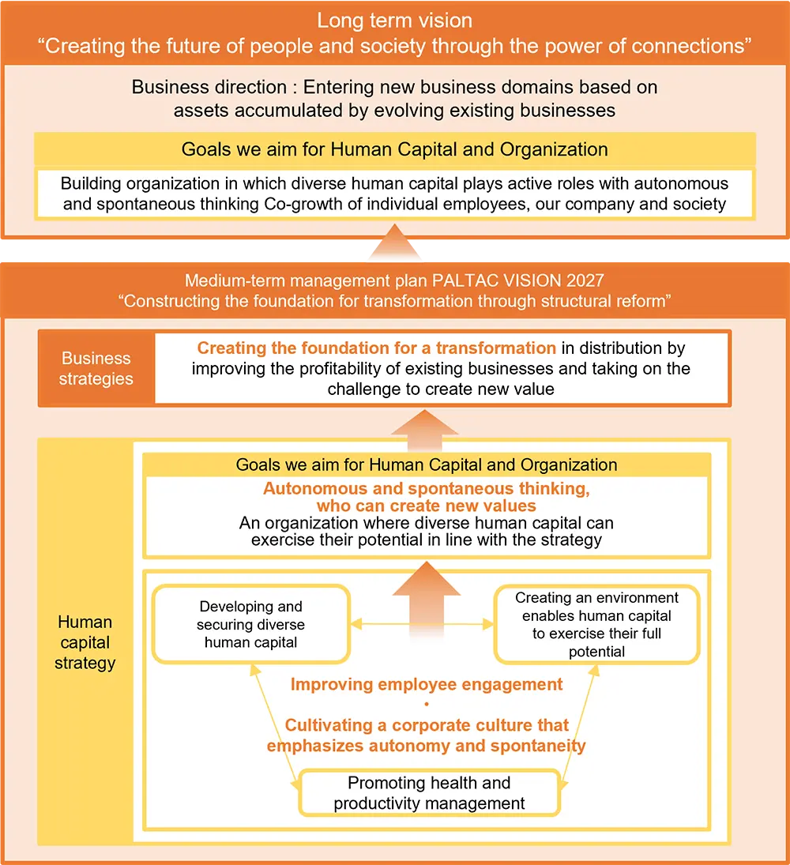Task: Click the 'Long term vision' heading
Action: pos(394,21)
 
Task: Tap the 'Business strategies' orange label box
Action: pos(96,368)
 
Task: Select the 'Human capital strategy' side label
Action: pos(85,642)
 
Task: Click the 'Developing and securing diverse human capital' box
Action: pos(251,624)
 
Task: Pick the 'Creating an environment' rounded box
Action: pos(596,624)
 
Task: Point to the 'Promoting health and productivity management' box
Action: pos(429,793)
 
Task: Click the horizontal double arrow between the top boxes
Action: pos(423,624)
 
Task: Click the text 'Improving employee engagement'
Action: pos(427,684)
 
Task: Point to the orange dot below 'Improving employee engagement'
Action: pos(427,704)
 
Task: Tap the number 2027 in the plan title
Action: pos(583,280)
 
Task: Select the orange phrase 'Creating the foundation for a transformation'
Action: pos(377,348)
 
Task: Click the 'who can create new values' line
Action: pos(427,506)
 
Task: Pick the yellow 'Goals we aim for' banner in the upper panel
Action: pos(394,149)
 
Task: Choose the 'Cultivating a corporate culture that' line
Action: pos(427,725)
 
